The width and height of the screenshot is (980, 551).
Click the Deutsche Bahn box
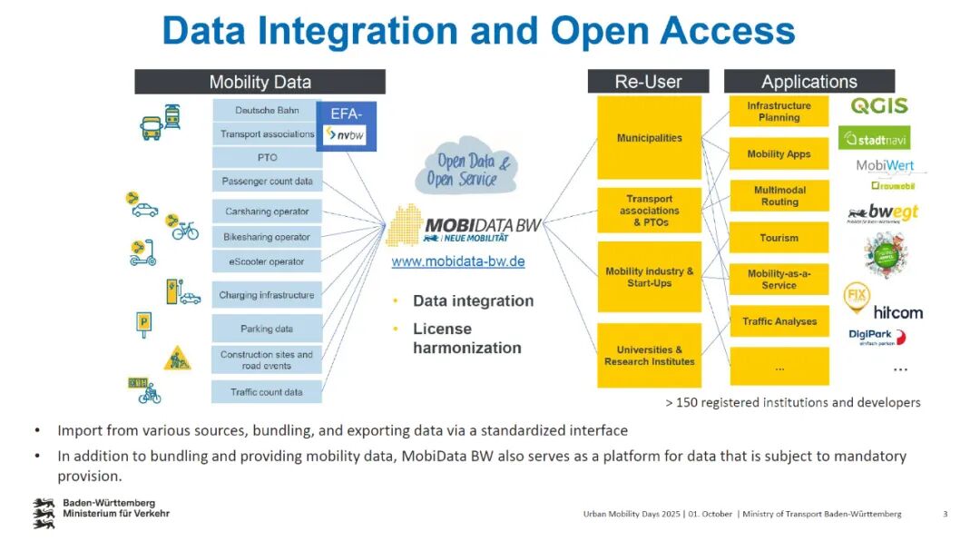(267, 111)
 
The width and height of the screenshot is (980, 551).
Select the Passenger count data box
(267, 182)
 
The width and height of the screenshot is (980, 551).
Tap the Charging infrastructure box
(267, 295)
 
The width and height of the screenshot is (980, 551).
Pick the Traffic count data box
(267, 392)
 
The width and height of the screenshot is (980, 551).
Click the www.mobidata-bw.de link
(458, 261)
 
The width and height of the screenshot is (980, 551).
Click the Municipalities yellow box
(649, 138)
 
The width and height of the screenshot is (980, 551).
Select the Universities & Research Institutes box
(649, 356)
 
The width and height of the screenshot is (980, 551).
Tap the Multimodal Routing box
(779, 196)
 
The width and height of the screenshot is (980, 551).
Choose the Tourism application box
(779, 238)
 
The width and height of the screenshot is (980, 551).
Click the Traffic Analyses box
(779, 321)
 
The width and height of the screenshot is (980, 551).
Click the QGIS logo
(878, 106)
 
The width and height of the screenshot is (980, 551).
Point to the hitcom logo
(897, 312)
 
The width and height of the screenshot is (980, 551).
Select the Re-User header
(648, 82)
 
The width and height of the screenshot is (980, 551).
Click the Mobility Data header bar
(260, 82)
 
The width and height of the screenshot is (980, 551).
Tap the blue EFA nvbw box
(346, 126)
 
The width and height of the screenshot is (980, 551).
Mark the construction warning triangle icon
(177, 359)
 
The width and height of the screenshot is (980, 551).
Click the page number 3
(945, 514)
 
